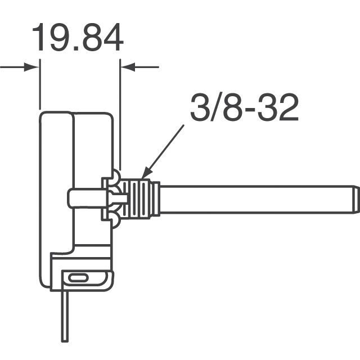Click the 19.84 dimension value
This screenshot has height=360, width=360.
tap(78, 37)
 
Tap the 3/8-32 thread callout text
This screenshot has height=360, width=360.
tap(244, 107)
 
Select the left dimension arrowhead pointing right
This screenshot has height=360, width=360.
tap(31, 67)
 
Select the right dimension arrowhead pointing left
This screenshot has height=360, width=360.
tap(128, 67)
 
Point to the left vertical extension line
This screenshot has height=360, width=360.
tap(40, 84)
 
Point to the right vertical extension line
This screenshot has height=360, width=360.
tap(120, 114)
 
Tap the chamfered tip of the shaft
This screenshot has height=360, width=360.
tap(356, 199)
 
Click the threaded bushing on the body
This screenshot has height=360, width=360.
tap(137, 199)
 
